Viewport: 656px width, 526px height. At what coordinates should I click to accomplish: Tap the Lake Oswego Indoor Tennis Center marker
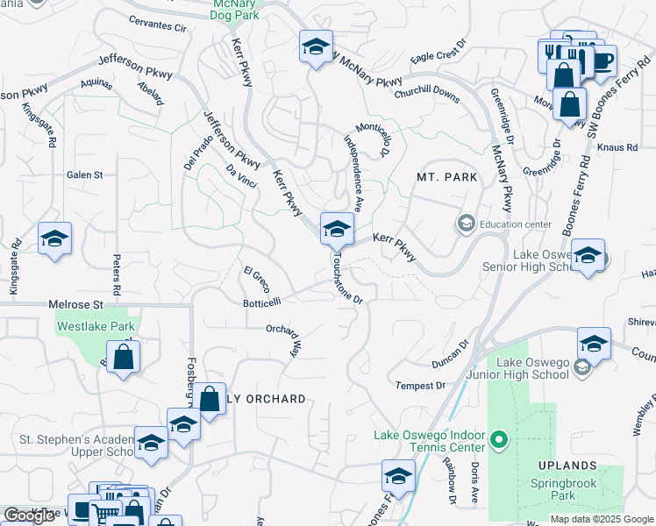pos(499,438)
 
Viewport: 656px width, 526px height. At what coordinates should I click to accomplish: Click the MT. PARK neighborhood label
pos(446,177)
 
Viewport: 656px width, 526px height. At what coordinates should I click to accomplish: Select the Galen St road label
pos(85,174)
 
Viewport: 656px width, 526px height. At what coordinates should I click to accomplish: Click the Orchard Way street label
pos(283,341)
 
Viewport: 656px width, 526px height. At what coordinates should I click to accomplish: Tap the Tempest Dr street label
pos(420,386)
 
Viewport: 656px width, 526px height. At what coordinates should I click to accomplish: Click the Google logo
pos(29,515)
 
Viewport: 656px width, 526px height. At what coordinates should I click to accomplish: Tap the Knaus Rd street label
pos(619,147)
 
